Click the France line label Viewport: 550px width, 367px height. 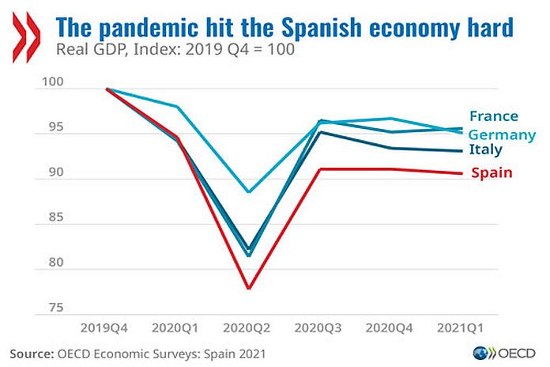tap(493, 116)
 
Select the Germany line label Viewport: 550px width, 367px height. tap(502, 134)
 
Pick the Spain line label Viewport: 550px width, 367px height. tap(491, 172)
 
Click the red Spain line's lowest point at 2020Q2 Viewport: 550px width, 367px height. tap(249, 289)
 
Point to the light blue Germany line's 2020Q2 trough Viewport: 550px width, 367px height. tap(249, 192)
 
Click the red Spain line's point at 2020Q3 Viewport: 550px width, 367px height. tap(320, 168)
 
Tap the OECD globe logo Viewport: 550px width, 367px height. tap(480, 353)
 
